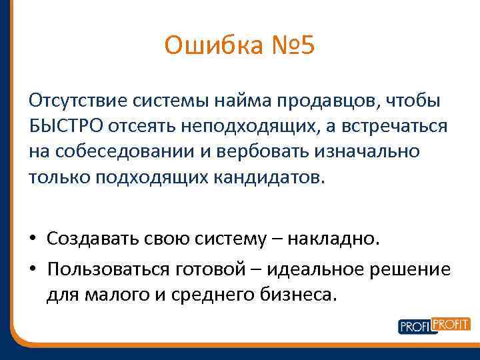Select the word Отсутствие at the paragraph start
[70, 100]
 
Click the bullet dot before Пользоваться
[33, 269]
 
